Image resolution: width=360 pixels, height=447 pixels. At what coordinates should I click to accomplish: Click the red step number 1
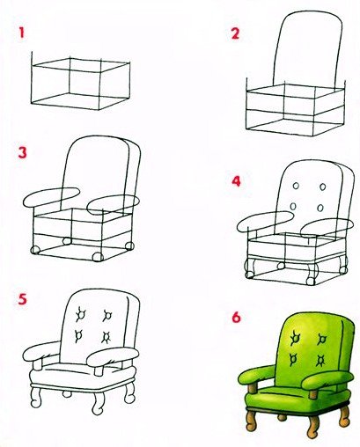[21, 33]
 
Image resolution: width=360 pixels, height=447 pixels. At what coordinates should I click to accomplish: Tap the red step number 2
[235, 33]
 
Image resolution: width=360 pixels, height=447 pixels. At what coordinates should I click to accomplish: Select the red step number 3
[22, 153]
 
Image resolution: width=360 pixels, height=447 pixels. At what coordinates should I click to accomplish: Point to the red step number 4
[236, 181]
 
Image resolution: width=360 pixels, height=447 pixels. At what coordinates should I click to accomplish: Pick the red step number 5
[22, 299]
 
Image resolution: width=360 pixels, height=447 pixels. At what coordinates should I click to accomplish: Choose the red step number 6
[236, 317]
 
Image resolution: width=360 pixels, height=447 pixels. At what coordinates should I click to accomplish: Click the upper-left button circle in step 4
[297, 186]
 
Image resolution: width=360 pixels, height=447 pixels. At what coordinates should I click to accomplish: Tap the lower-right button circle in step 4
[320, 208]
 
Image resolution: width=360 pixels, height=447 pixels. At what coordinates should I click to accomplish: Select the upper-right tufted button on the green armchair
[322, 340]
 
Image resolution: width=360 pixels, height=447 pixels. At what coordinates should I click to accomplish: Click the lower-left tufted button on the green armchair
[293, 359]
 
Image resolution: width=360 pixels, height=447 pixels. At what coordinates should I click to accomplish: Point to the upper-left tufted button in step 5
[80, 314]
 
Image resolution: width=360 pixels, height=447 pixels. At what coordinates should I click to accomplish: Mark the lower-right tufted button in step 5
[106, 337]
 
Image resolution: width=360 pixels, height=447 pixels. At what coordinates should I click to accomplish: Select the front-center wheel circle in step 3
[98, 257]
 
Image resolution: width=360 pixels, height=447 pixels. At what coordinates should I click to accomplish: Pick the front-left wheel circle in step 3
[35, 250]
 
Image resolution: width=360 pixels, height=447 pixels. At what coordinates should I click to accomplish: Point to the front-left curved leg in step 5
[35, 398]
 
